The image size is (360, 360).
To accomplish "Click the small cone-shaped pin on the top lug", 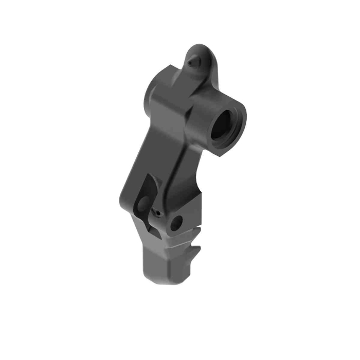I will coord(192,61).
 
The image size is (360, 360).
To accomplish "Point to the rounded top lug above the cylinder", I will coord(202,56).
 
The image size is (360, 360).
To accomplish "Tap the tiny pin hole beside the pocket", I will coord(159,213).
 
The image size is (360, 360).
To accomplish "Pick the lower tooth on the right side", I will coord(194,253).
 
